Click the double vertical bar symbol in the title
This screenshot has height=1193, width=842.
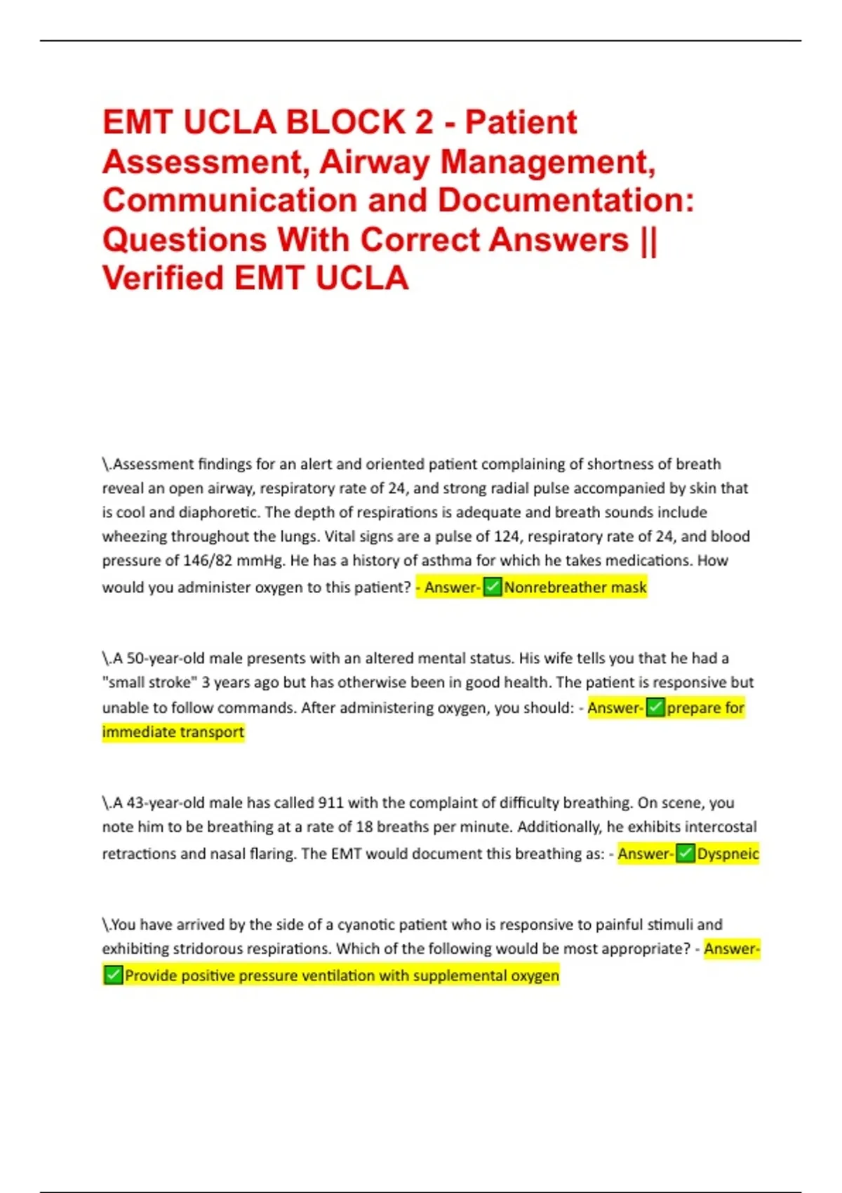[x=649, y=239]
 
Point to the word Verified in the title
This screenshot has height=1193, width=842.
[x=163, y=278]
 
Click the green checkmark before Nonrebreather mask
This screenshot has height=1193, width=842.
[x=493, y=587]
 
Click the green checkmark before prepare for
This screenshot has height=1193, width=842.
[x=655, y=707]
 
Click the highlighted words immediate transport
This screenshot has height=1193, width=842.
[x=173, y=732]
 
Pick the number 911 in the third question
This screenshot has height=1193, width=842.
[x=330, y=802]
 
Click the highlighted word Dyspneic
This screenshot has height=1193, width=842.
[x=728, y=853]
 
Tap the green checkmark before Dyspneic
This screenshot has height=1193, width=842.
[x=686, y=853]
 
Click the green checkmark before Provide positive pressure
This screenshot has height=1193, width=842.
[x=113, y=975]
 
